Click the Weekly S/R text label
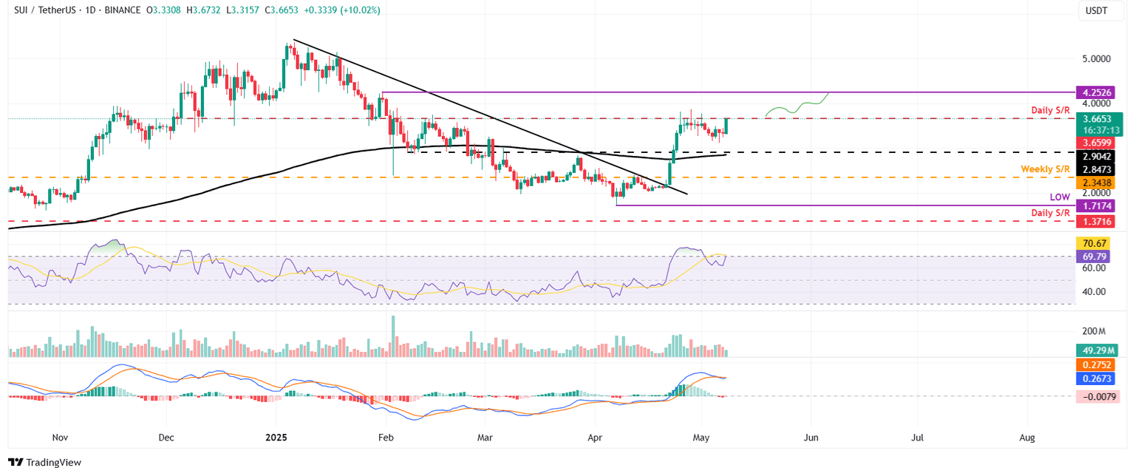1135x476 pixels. coord(1045,169)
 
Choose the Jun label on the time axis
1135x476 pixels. coord(811,438)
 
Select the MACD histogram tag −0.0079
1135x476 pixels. coord(1099,397)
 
